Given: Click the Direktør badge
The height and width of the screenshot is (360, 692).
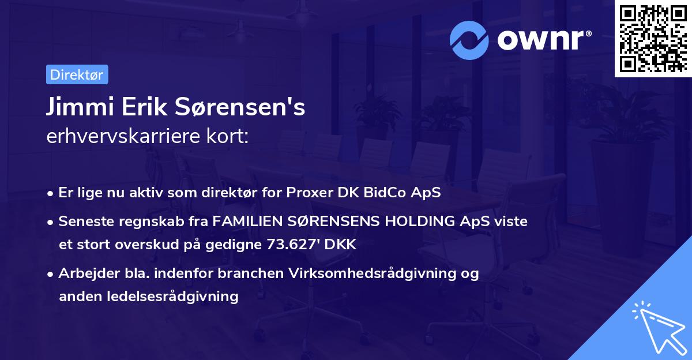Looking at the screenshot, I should [x=77, y=74].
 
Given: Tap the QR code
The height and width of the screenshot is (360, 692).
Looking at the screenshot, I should [x=653, y=39].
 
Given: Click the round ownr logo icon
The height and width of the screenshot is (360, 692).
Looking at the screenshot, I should [x=469, y=40].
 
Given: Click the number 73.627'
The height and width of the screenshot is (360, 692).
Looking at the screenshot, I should [x=295, y=244].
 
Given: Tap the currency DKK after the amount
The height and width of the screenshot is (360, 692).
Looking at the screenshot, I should [x=341, y=244].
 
